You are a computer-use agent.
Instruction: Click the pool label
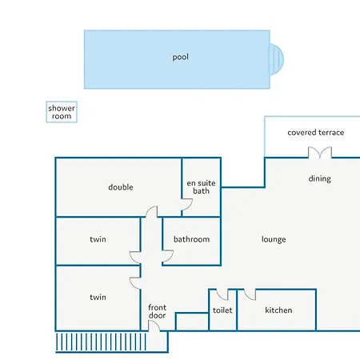(181, 58)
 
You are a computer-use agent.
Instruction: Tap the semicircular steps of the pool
(277, 59)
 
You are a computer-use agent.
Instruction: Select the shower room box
(62, 112)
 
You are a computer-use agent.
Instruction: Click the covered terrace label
(316, 133)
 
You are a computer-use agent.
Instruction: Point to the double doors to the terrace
(320, 153)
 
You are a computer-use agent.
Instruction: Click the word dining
(320, 178)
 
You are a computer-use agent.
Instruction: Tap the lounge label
(274, 239)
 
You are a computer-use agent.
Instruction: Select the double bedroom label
(121, 187)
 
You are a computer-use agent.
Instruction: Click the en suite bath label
(201, 187)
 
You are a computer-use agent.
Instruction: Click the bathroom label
(191, 239)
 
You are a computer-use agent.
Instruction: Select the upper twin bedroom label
(98, 239)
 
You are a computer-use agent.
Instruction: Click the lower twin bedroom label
(98, 297)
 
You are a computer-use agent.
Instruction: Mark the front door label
(157, 311)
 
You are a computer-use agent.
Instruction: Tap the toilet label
(222, 310)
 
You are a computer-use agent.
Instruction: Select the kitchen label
(278, 310)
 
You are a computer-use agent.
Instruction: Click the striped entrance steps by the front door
(101, 342)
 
